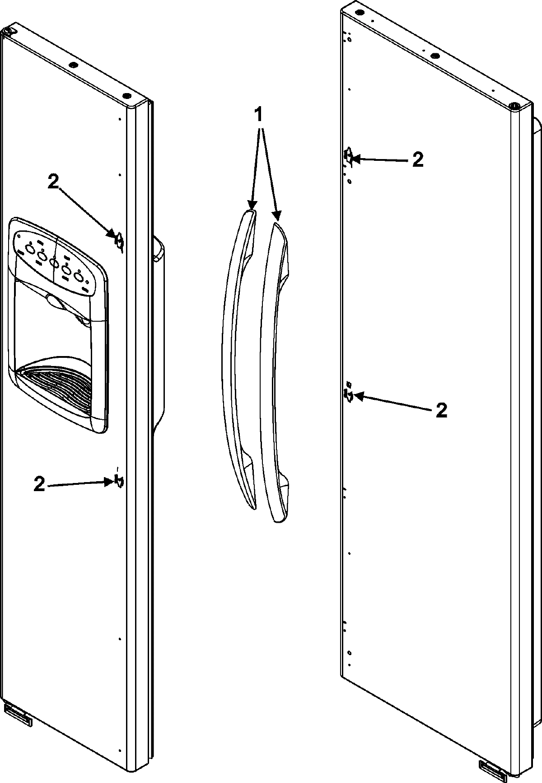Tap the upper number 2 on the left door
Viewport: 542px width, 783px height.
[x=53, y=182]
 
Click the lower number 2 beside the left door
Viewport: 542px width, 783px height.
[x=40, y=485]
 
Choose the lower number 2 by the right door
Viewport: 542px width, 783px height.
[x=441, y=410]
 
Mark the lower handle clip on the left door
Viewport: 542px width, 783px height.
[x=120, y=481]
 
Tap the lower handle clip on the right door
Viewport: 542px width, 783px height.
[x=349, y=395]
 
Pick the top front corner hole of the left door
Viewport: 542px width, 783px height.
[x=127, y=96]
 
